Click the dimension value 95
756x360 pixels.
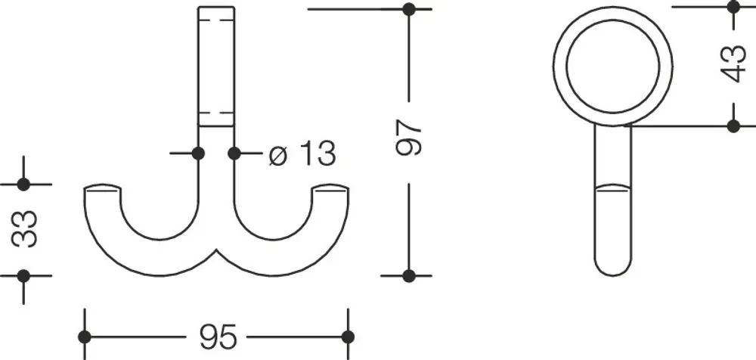point(218,337)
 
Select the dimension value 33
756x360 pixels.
point(24,229)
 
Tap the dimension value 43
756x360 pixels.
point(733,64)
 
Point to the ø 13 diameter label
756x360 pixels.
point(302,154)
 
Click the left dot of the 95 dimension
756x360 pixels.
point(85,337)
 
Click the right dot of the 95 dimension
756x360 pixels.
point(348,337)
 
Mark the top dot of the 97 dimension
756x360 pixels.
point(409,8)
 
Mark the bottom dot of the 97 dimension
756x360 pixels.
point(409,276)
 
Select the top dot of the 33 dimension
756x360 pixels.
point(23,185)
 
